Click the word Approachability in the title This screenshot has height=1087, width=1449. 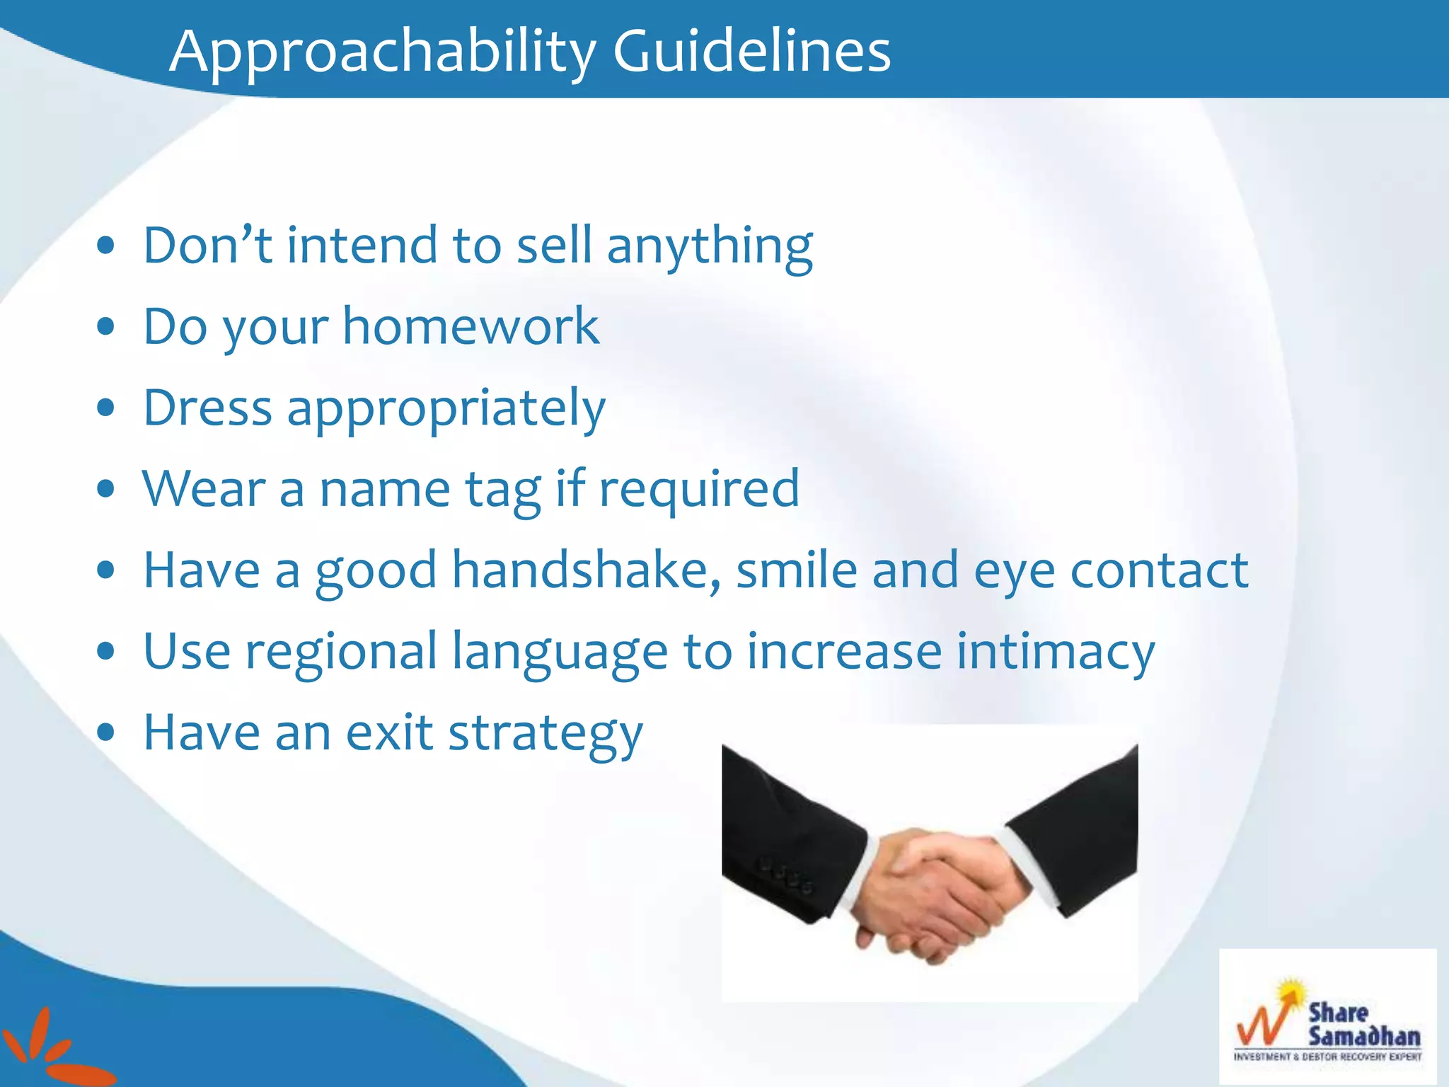(x=382, y=52)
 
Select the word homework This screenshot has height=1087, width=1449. (x=471, y=327)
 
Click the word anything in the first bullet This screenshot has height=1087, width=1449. (x=710, y=246)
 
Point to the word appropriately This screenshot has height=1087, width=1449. (x=446, y=409)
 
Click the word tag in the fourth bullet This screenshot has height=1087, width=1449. (x=503, y=490)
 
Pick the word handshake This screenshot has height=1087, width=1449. (x=587, y=570)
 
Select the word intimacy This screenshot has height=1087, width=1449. (x=1056, y=652)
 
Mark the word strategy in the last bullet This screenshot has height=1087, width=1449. (x=545, y=734)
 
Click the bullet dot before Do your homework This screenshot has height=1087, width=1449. (x=106, y=327)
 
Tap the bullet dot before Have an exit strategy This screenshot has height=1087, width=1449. (x=106, y=734)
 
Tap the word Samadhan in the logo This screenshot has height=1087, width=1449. (x=1363, y=1037)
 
